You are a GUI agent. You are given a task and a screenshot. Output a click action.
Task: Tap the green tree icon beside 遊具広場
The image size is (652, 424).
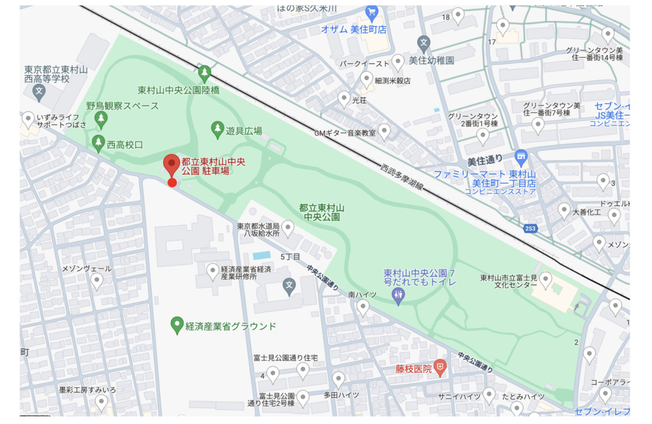point(217,129)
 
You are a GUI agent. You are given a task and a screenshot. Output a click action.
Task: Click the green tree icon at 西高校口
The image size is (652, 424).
point(98,143)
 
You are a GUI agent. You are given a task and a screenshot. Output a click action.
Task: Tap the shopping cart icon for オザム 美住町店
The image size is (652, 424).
point(372,12)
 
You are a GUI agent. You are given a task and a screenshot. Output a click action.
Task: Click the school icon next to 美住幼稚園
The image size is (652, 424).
point(424,43)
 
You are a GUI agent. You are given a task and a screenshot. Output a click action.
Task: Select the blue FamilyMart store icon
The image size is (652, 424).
point(522,157)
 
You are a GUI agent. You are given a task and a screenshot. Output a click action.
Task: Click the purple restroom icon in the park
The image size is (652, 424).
point(398,295)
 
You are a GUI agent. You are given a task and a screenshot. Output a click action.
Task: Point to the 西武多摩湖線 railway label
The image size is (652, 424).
point(401,178)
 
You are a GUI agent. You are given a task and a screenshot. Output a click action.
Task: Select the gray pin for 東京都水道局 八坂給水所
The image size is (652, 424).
point(289,228)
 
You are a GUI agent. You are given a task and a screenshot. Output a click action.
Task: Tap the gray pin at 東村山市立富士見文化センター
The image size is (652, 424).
point(546,279)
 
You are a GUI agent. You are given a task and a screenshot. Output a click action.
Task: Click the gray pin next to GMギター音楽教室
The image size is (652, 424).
point(384,131)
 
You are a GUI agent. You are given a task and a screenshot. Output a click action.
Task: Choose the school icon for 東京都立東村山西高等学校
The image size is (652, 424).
point(39,92)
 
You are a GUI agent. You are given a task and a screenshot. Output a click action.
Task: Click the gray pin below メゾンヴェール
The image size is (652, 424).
point(97,281)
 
